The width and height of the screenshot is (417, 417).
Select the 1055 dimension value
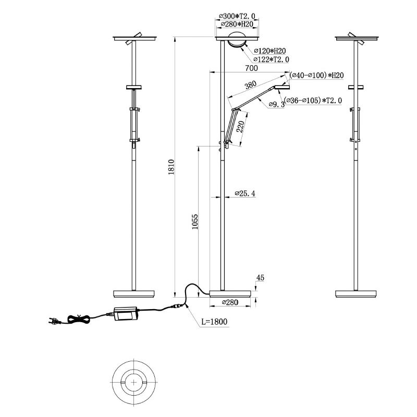pos(194,222)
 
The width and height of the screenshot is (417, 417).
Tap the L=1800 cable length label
pos(213,322)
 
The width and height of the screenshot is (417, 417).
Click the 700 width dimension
pos(251,68)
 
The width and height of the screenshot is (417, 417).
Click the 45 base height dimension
pos(261,278)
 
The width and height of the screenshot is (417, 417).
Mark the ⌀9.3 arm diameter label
pos(276,105)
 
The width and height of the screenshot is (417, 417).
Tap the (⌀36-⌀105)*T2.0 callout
pos(313,100)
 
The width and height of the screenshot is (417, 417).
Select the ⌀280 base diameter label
pos(230,302)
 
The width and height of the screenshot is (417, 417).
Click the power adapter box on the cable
pos(126,313)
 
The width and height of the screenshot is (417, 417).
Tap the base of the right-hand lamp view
pos(357,293)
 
